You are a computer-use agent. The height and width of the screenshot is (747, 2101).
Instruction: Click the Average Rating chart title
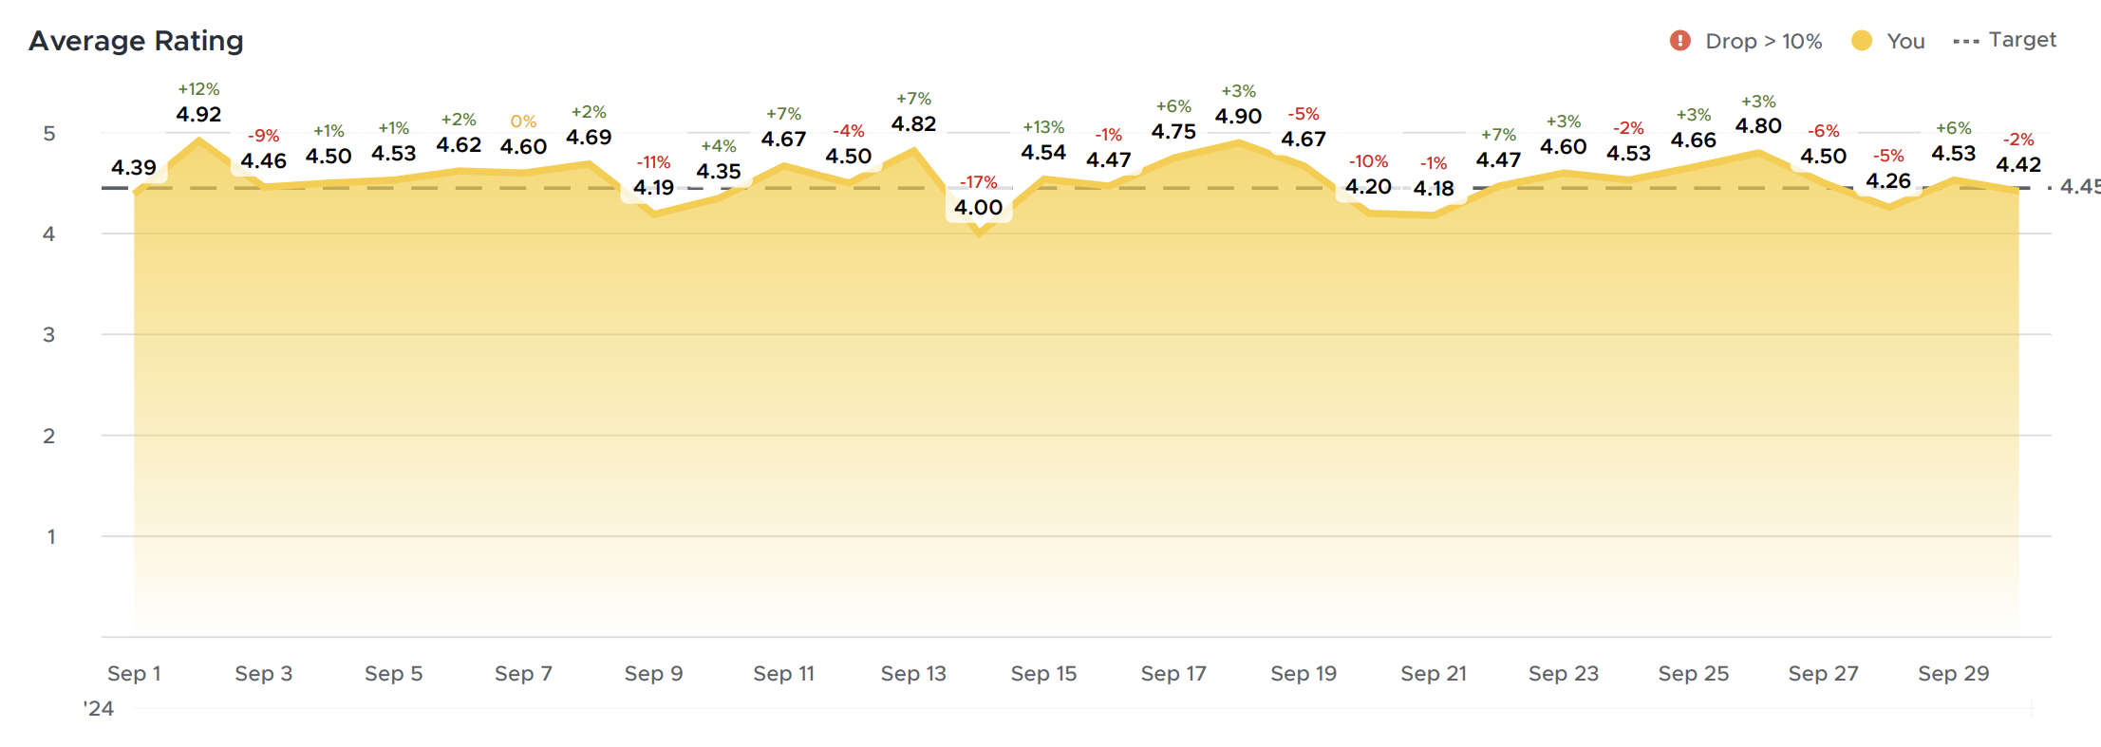(x=136, y=41)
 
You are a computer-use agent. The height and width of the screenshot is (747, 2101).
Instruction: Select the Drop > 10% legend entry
(x=1746, y=41)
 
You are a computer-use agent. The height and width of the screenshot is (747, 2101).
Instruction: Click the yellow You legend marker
(x=1861, y=41)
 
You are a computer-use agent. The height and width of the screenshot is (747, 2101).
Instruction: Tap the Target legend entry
(x=2004, y=40)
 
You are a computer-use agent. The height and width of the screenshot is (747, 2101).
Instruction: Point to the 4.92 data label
(x=198, y=115)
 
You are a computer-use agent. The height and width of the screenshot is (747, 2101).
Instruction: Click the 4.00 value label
(x=978, y=208)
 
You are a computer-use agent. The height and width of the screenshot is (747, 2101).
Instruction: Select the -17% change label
(x=978, y=182)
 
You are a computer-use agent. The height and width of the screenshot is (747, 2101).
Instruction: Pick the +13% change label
(x=1043, y=127)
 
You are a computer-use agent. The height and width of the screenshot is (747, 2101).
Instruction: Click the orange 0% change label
(x=523, y=121)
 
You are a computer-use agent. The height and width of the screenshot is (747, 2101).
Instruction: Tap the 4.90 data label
(x=1238, y=117)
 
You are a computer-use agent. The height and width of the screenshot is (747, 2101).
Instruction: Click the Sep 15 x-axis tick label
(x=1043, y=674)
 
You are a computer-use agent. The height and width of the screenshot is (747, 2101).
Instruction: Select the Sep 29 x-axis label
(x=1953, y=674)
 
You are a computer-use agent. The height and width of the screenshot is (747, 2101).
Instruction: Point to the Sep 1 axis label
(x=134, y=674)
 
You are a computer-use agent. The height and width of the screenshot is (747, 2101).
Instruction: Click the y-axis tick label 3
(x=49, y=335)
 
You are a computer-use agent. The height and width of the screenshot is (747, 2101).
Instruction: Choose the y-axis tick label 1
(x=50, y=537)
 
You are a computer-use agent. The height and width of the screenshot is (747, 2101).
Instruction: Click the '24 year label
(x=99, y=709)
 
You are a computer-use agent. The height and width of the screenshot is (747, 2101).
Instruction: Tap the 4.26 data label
(x=1887, y=181)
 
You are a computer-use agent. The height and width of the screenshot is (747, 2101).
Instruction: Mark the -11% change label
(x=653, y=162)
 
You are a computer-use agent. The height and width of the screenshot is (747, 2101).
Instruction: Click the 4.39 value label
(x=134, y=168)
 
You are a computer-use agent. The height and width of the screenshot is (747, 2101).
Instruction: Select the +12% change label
(x=198, y=89)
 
